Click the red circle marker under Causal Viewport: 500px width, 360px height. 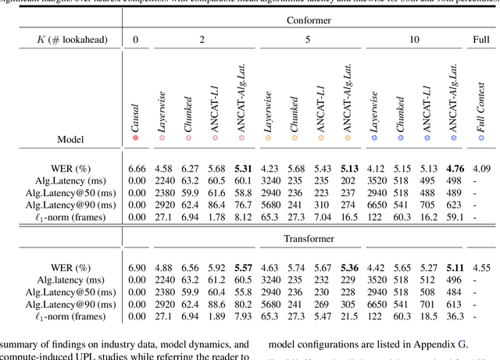click(x=136, y=138)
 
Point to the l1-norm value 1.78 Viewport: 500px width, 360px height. click(x=215, y=217)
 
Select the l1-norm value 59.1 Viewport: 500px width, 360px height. click(x=455, y=217)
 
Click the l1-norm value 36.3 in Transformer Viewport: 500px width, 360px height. click(x=455, y=316)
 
